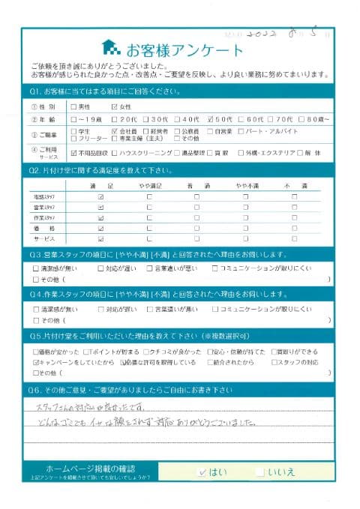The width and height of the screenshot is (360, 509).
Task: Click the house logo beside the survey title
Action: point(111,49)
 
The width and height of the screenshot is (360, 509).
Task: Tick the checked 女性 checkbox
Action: point(114,106)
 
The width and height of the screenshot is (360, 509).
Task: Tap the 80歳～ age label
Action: point(310,118)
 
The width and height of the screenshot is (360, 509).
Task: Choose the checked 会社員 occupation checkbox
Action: point(114,130)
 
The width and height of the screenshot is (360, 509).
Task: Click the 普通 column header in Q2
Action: point(196,184)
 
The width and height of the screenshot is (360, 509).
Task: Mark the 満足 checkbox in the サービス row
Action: point(100,238)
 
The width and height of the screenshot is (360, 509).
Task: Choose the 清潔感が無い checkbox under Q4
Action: point(37,309)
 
